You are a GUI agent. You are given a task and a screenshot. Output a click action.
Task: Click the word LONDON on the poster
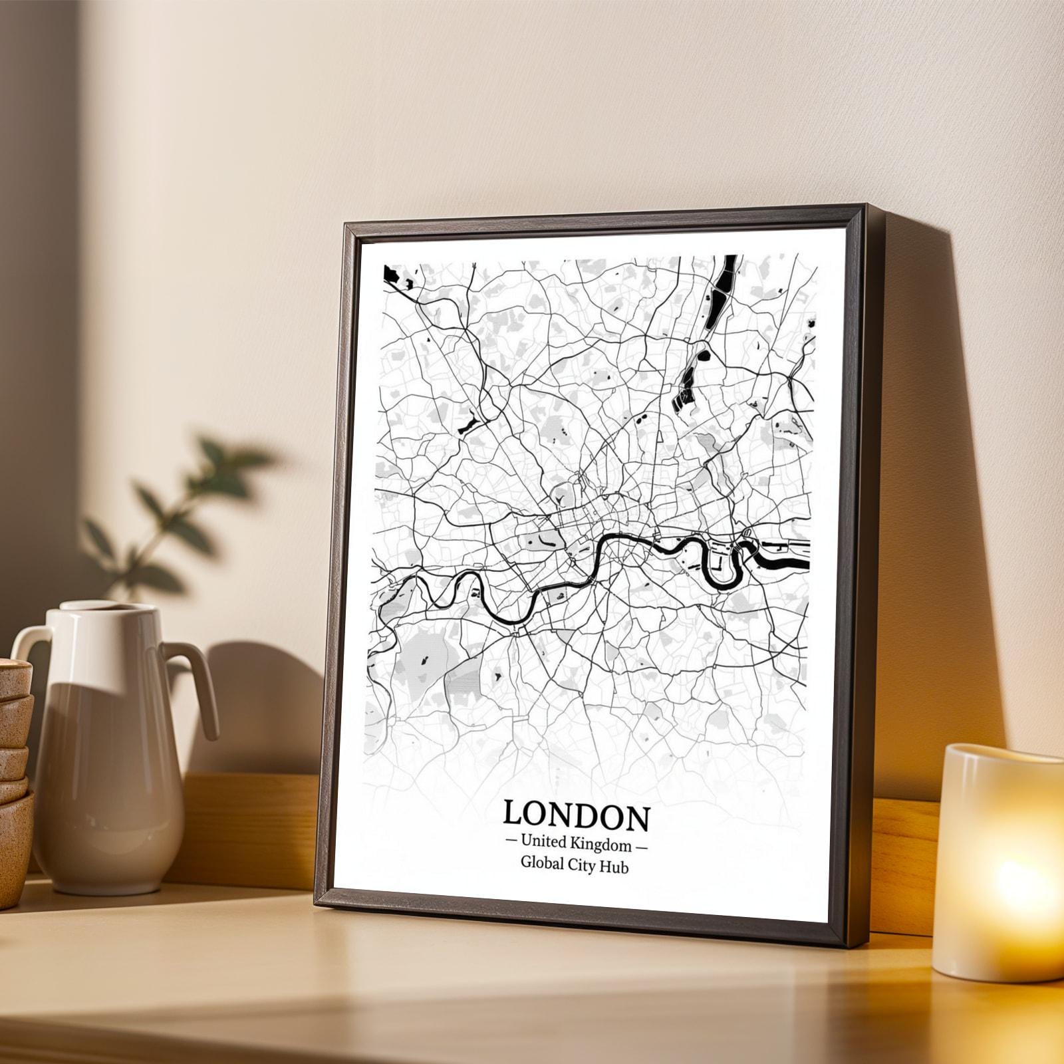[576, 816]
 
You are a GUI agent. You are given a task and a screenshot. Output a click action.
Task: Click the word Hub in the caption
[614, 866]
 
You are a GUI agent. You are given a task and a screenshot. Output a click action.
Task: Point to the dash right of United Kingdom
[642, 847]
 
